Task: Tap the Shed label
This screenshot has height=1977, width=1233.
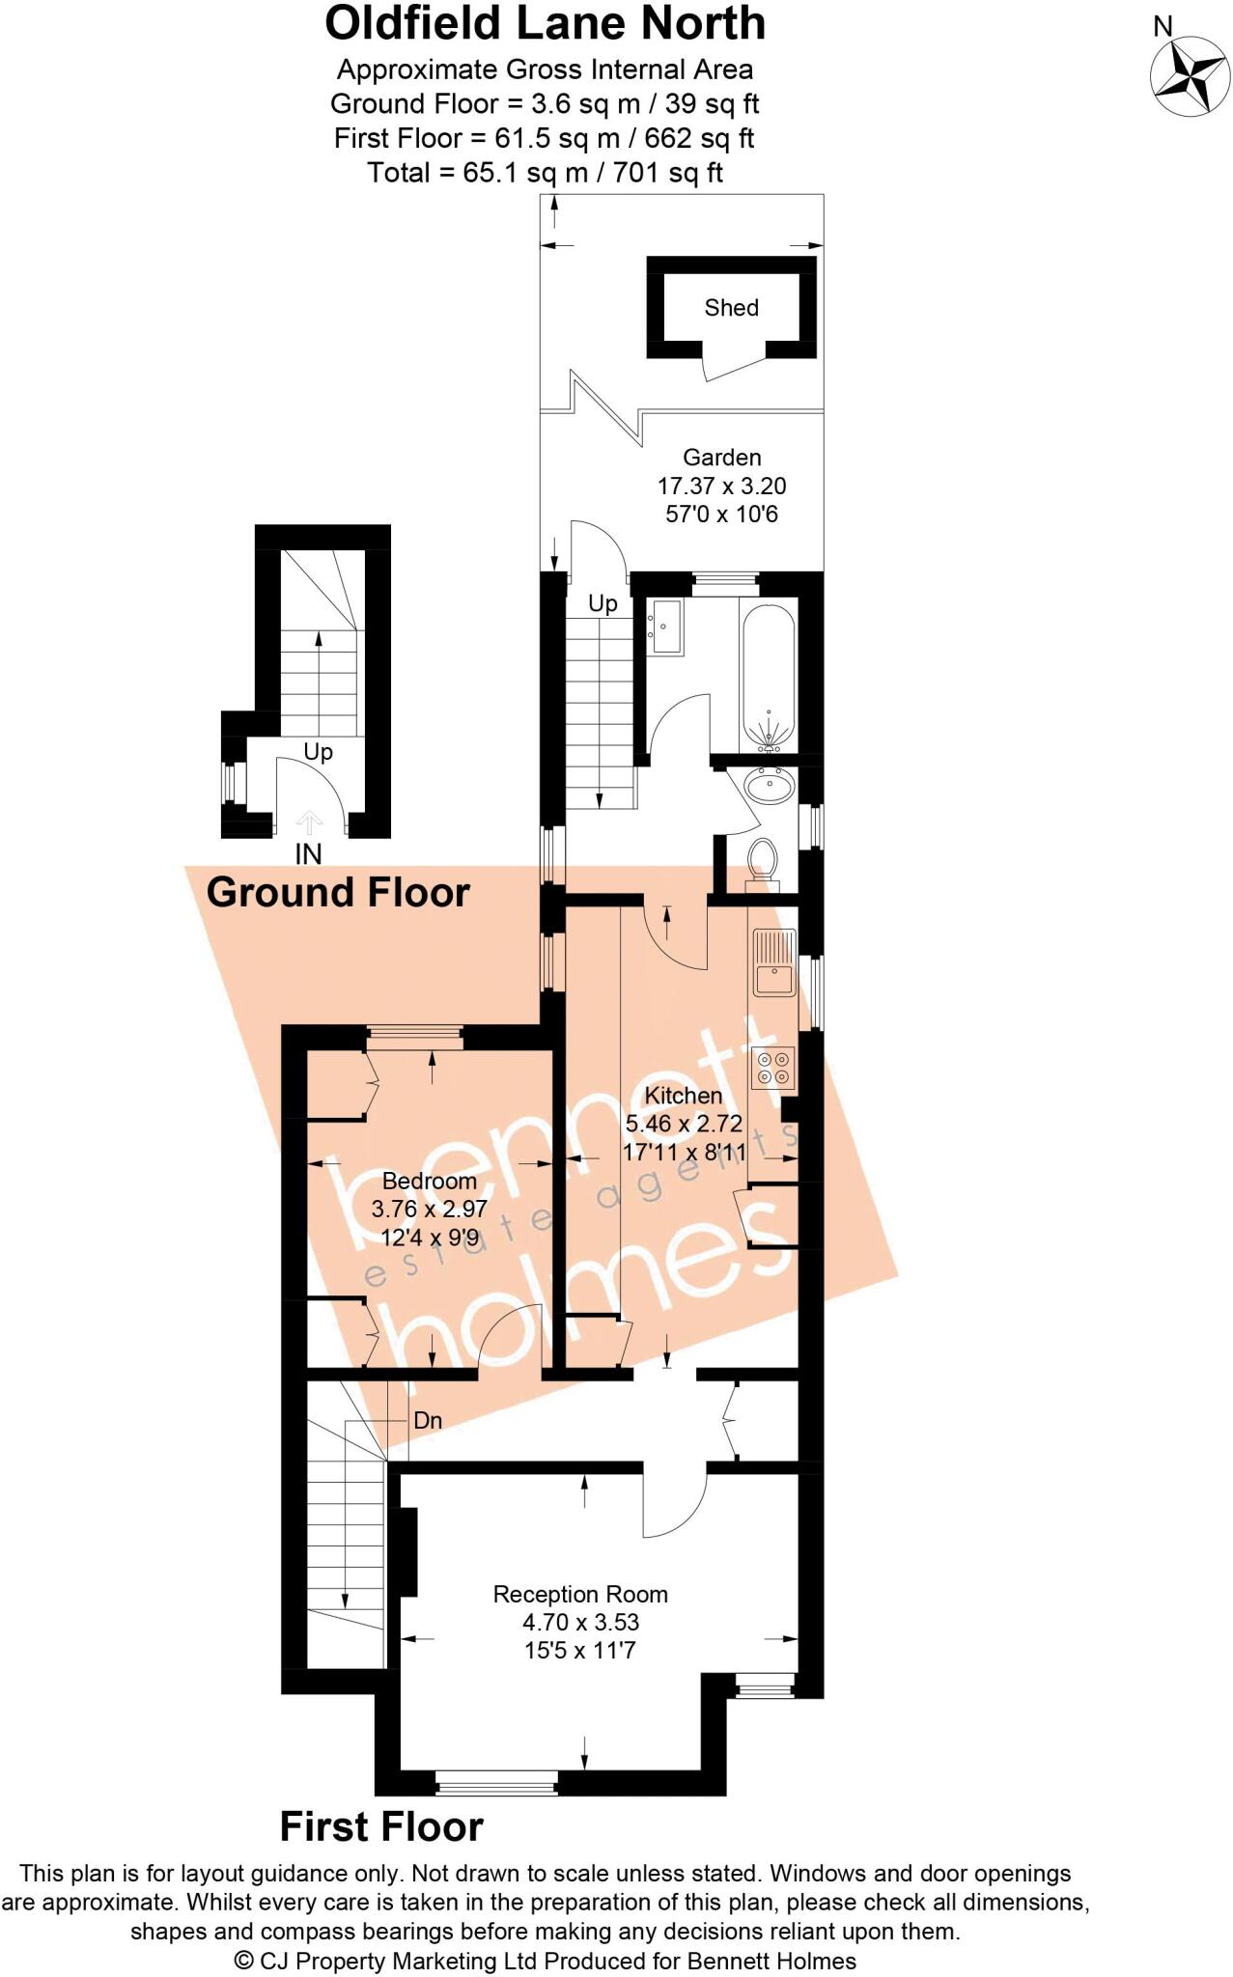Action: point(731,308)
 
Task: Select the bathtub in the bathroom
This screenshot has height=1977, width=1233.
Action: point(769,675)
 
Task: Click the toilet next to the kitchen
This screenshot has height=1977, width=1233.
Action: point(763,857)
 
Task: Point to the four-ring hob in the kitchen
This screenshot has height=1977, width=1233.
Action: point(773,1067)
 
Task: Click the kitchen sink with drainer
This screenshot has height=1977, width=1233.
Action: point(773,962)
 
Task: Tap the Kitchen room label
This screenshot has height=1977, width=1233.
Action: point(683,1096)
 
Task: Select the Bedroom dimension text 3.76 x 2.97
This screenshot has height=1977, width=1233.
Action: point(429,1209)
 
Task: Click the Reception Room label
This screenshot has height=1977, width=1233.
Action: point(580,1595)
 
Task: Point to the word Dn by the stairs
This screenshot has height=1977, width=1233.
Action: point(428,1421)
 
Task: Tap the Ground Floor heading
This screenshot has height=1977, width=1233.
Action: point(338,892)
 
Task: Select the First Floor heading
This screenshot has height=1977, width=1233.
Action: point(381,1827)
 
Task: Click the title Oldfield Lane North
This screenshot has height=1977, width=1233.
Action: point(545,23)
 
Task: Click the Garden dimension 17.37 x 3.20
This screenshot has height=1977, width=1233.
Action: point(721,486)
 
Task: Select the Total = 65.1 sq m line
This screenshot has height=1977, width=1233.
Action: point(545,173)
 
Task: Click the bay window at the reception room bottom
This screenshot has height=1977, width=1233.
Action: point(497,1781)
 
